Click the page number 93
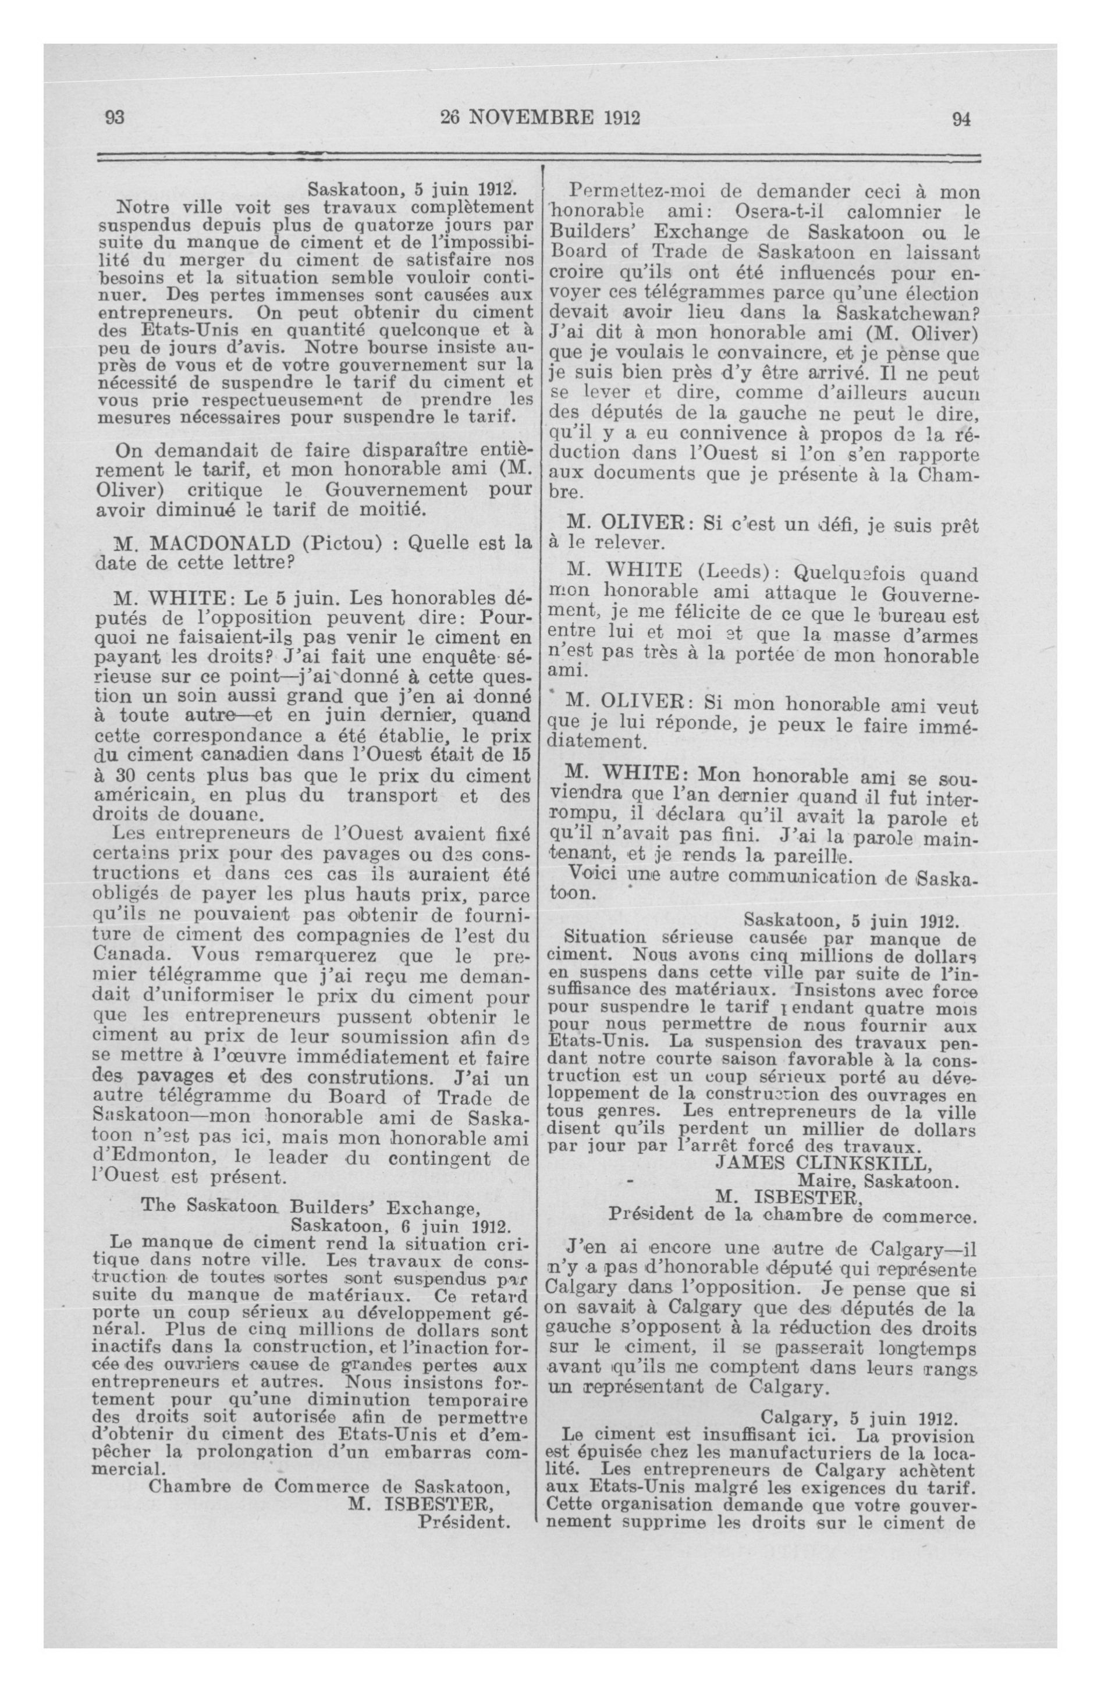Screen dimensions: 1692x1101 tap(115, 118)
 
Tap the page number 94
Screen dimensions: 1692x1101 tap(961, 119)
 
